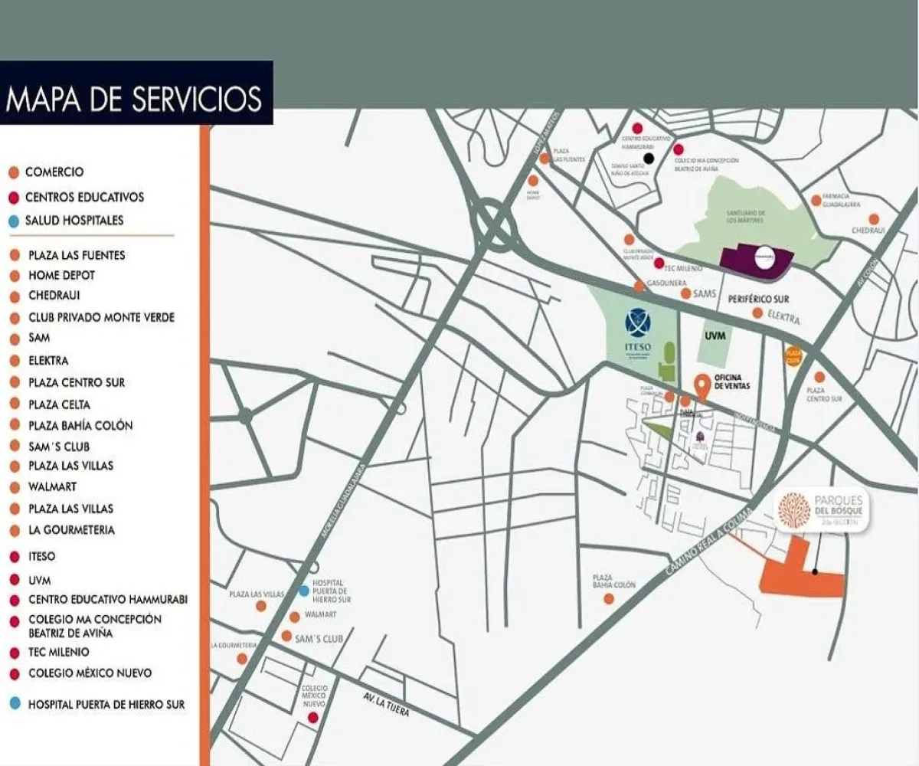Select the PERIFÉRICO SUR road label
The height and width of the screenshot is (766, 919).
coord(759,299)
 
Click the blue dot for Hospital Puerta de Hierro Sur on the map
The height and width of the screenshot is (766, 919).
coord(304,591)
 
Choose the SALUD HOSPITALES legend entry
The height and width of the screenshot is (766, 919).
coord(74,221)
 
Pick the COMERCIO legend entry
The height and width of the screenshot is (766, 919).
coord(54,172)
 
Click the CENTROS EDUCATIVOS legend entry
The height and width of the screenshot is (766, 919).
coord(83,197)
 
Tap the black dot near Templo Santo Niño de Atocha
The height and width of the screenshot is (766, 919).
coord(649,159)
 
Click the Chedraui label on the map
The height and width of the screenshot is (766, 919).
coord(868,231)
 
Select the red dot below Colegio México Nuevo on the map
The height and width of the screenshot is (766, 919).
coord(312,718)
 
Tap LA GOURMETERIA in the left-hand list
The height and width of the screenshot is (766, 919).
coord(71,530)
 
